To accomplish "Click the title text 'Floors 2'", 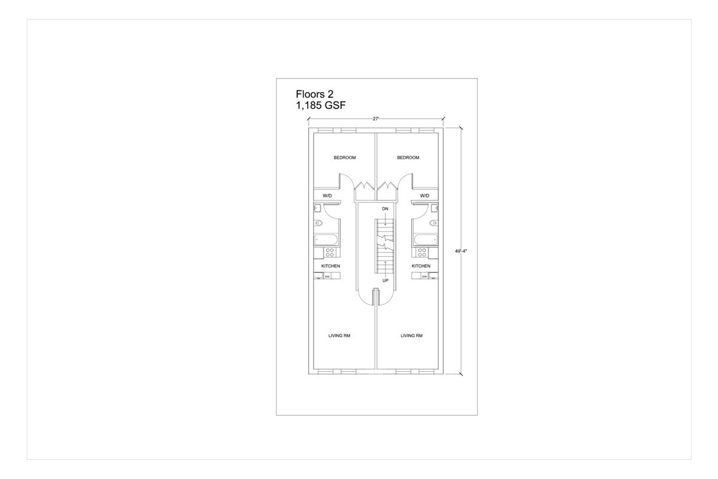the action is tap(315, 94).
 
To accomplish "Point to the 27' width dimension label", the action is tap(376, 119).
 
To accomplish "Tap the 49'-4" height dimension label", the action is tap(460, 251).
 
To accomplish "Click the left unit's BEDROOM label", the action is tap(345, 157).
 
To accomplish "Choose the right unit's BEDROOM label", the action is tap(408, 157).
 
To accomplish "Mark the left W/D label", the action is tap(327, 196).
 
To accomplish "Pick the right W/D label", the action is tap(425, 196).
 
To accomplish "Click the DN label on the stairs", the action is tap(385, 208).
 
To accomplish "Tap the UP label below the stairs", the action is tap(385, 280).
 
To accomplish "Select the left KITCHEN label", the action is tap(331, 266).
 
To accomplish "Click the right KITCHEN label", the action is tap(421, 266).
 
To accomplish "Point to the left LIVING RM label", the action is tap(339, 336).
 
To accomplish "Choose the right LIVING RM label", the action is tap(412, 336).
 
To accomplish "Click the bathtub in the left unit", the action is tap(327, 239).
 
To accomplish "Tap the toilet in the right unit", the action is tap(433, 223).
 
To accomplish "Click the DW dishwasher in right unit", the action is tap(424, 276).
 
